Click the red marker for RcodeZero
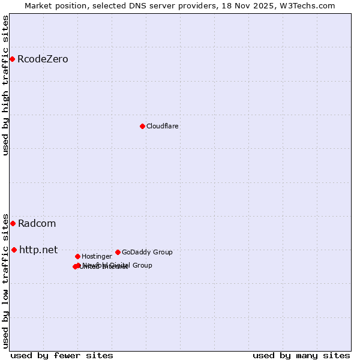point(12,59)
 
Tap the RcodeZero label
point(43,59)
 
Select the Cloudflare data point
point(142,126)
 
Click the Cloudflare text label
point(162,126)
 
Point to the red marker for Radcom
point(13,223)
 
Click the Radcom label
point(37,223)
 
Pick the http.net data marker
point(14,250)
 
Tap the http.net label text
point(38,250)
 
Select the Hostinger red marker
point(77,256)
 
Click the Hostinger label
point(97,256)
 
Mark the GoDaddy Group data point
point(118,252)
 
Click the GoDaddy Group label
point(147,252)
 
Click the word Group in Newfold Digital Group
point(143,265)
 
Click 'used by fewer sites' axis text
point(62,355)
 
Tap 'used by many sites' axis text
point(301,355)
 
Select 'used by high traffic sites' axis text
point(6,85)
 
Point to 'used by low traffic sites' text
point(6,280)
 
